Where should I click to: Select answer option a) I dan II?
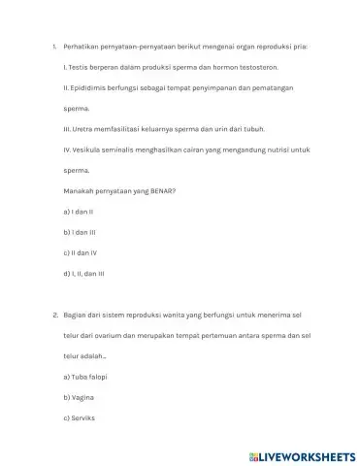[78, 211]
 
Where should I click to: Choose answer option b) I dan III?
[79, 233]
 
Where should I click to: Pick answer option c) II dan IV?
[80, 254]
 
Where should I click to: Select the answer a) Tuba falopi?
[84, 376]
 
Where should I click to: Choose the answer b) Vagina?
[77, 398]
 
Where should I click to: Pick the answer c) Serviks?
[78, 419]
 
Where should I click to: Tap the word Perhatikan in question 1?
[82, 46]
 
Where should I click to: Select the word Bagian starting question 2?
[74, 316]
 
